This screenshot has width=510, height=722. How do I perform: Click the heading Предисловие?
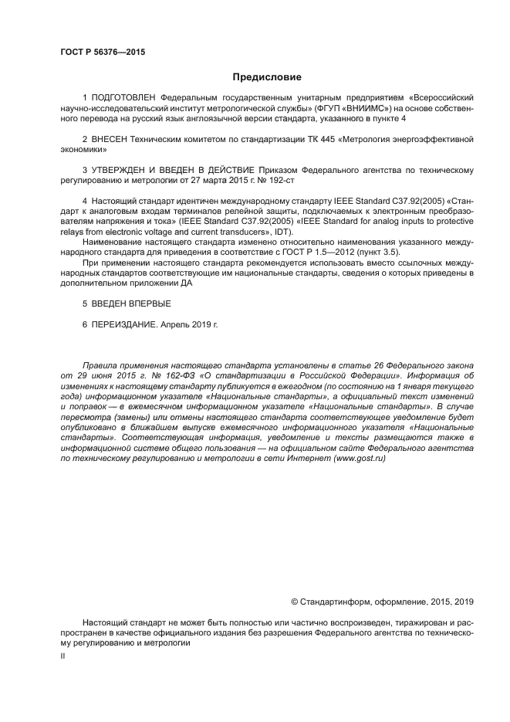tap(266, 77)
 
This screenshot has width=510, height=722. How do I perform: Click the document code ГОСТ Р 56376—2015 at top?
tap(103, 52)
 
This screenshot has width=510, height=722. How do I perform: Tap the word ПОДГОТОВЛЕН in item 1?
tap(124, 99)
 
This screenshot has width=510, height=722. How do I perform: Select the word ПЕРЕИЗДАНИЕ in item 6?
tap(123, 324)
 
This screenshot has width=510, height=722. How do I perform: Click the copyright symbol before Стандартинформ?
tap(294, 601)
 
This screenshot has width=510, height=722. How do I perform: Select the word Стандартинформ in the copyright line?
tap(334, 601)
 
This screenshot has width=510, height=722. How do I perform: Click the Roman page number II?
tap(62, 655)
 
